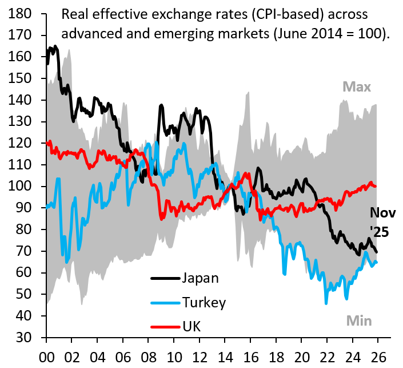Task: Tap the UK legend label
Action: pyautogui.click(x=192, y=326)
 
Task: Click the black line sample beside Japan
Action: pyautogui.click(x=165, y=279)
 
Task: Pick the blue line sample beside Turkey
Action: pyautogui.click(x=165, y=303)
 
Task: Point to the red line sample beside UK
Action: pyautogui.click(x=165, y=327)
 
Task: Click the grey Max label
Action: pyautogui.click(x=357, y=87)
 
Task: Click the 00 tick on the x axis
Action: pyautogui.click(x=46, y=355)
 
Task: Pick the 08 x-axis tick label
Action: pyautogui.click(x=147, y=355)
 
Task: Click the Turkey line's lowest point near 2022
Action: pyautogui.click(x=326, y=303)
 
